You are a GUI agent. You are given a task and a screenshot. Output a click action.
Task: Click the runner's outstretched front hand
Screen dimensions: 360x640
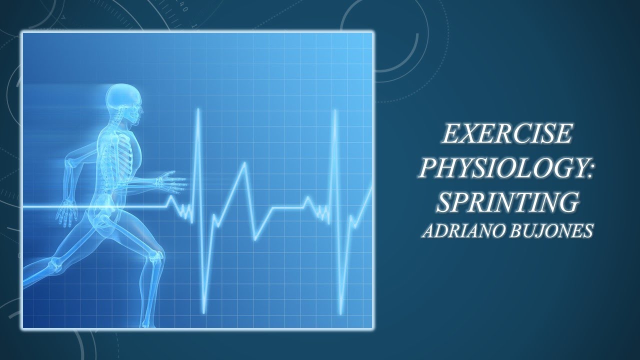coord(172,181)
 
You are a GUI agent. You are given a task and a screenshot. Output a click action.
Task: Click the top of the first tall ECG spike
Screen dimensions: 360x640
coord(198,109)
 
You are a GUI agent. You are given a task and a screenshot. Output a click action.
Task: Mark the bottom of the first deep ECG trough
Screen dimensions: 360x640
coord(204,313)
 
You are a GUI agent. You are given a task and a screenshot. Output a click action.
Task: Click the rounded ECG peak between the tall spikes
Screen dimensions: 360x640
coord(244,164)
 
